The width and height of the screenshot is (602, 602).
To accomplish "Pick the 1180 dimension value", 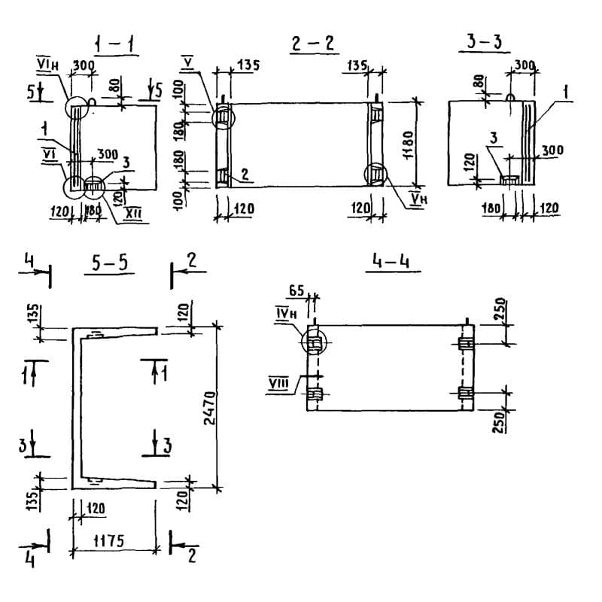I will click(x=407, y=142).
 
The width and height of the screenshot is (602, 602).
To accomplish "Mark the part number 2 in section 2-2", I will click(x=245, y=174).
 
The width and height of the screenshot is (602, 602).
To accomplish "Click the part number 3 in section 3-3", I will click(x=493, y=160).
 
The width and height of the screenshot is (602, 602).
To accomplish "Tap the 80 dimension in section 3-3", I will click(x=477, y=80).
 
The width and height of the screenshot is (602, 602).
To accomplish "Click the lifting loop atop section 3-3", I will click(x=510, y=96).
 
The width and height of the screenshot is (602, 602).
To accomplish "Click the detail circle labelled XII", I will click(x=94, y=185).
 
